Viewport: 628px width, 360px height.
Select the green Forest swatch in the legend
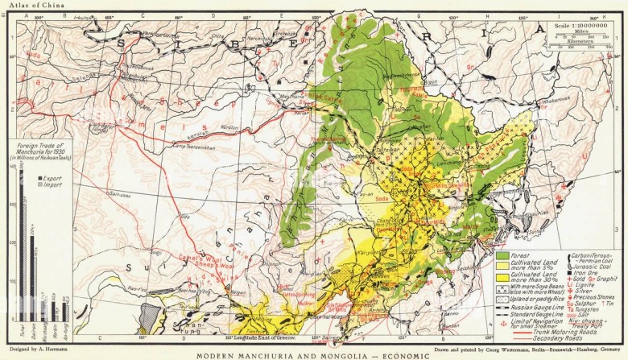(x=502, y=255)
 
